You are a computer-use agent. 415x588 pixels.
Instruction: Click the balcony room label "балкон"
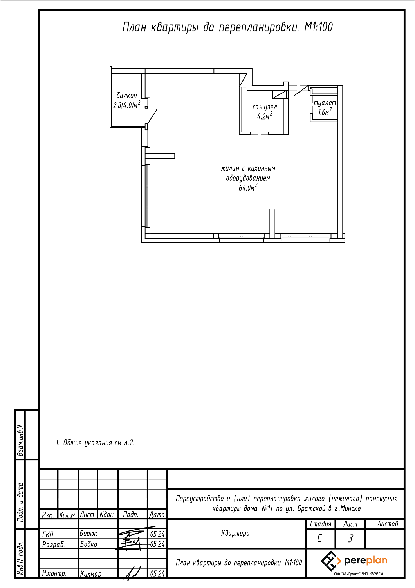(126, 96)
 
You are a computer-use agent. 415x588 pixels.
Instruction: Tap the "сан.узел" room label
(265, 107)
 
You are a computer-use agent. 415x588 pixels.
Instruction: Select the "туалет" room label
(325, 103)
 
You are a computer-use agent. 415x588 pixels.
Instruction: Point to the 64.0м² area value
(248, 187)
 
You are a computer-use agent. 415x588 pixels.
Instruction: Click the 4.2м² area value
(265, 116)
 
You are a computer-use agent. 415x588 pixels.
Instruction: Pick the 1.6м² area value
(325, 112)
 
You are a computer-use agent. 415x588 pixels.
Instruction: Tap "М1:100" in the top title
(318, 27)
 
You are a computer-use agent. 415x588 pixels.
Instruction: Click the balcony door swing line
(152, 117)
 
